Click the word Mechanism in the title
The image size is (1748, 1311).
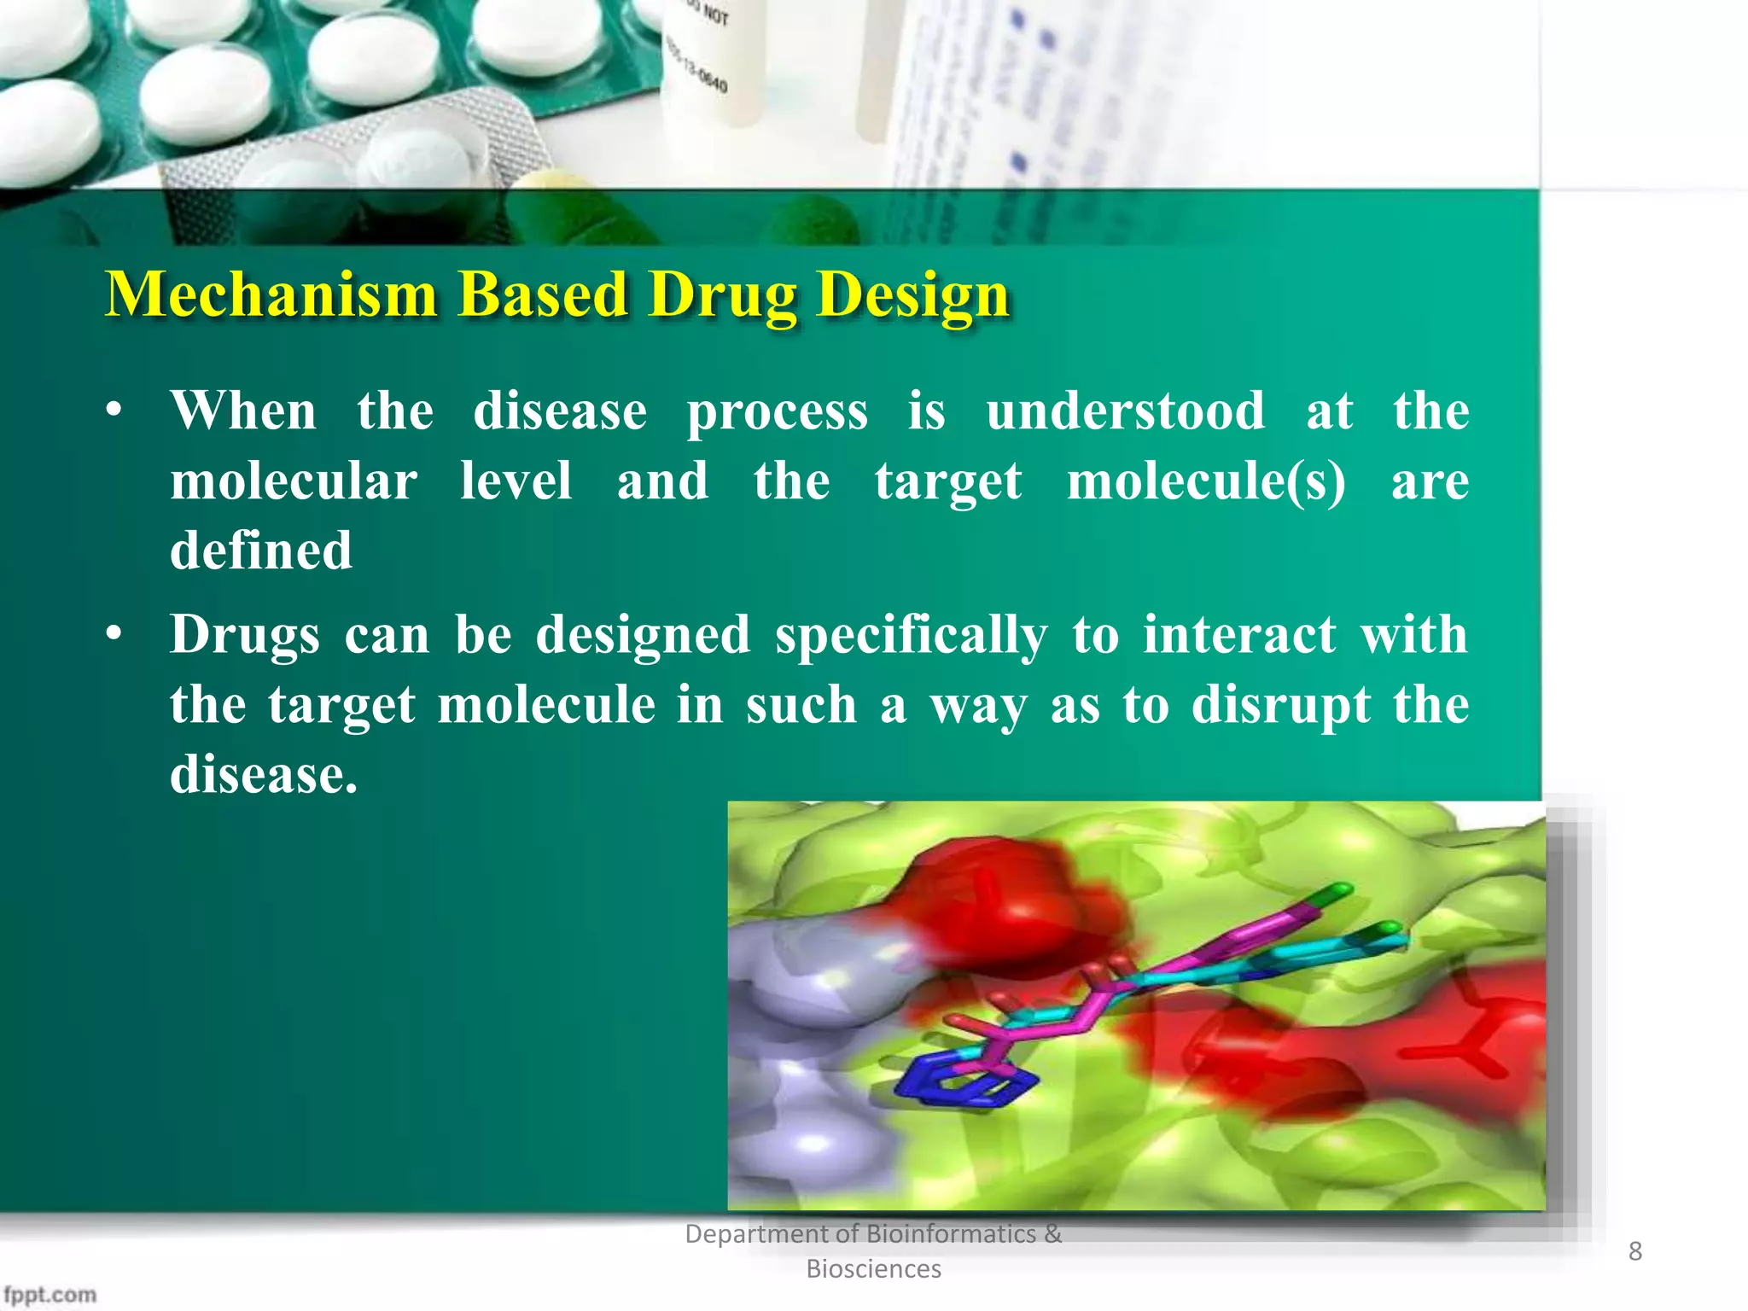(271, 294)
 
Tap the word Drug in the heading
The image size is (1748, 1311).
(721, 294)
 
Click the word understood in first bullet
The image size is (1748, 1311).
(1125, 411)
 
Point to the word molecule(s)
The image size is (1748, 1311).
(1206, 481)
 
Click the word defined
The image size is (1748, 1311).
(261, 551)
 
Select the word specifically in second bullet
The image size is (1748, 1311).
(911, 636)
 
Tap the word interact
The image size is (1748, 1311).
(1239, 636)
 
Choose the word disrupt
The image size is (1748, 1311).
(1280, 706)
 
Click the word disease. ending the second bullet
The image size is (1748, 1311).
(263, 775)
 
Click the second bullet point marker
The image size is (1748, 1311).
(114, 637)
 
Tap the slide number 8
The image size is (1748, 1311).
(1634, 1251)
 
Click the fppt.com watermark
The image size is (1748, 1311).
(50, 1294)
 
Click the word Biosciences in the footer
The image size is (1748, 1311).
(873, 1269)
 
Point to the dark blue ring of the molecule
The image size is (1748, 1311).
(964, 1084)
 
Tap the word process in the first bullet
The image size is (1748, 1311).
(777, 411)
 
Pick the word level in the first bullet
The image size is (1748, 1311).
(516, 481)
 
